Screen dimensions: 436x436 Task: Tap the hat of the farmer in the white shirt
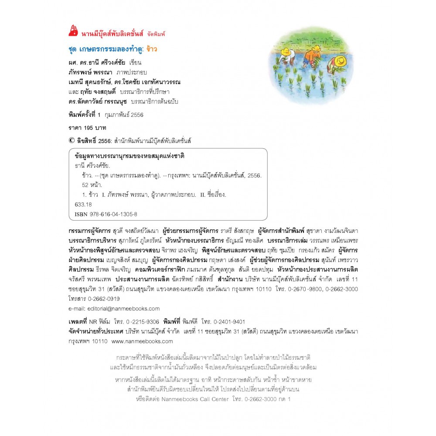(286, 51)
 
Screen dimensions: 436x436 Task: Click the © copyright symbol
(72, 141)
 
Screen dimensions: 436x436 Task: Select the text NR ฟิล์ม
(99, 320)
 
